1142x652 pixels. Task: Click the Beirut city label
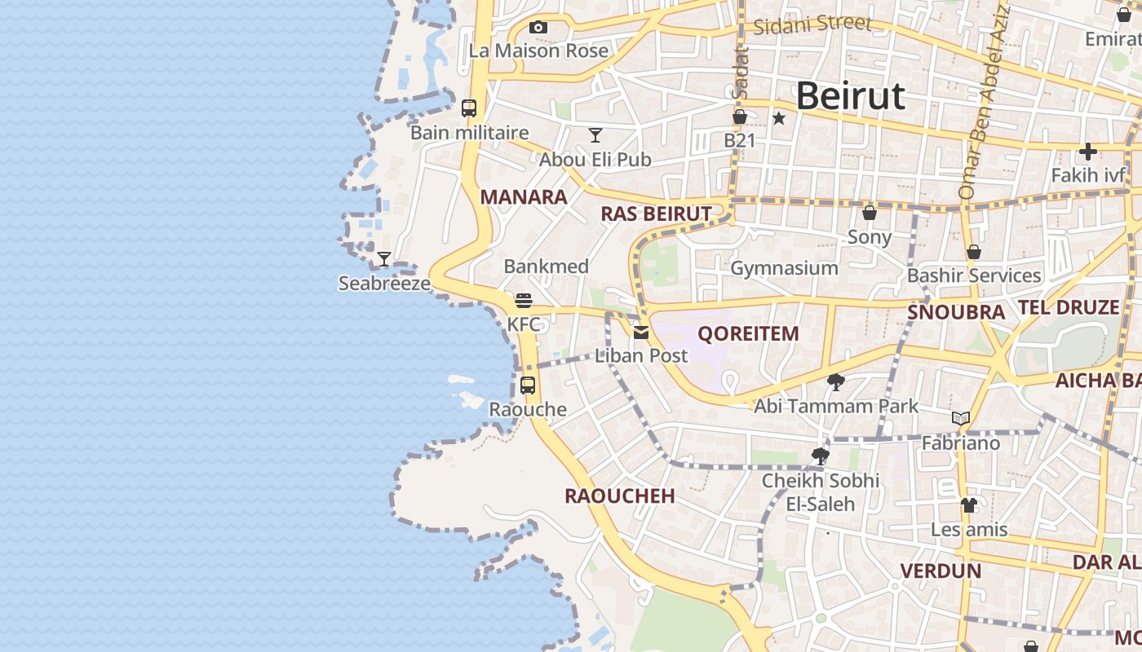click(850, 96)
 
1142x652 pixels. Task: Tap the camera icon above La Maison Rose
click(538, 27)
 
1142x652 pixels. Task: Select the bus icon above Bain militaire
click(469, 108)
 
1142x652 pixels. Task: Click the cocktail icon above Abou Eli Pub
click(595, 135)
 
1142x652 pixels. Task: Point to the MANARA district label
click(524, 196)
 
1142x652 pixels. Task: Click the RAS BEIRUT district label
click(656, 214)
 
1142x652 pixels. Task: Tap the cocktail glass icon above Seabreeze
click(383, 259)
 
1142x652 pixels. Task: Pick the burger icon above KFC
click(524, 301)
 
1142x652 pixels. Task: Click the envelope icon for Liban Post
click(640, 332)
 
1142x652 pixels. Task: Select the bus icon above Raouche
click(528, 385)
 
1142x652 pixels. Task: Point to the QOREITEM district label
click(748, 333)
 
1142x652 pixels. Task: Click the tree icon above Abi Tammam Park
click(835, 381)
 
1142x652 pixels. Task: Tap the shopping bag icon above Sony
click(870, 213)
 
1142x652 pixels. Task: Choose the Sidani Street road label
click(812, 24)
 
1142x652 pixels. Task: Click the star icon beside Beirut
click(779, 118)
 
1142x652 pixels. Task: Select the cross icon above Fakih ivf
click(1087, 152)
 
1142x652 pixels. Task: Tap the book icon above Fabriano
click(961, 419)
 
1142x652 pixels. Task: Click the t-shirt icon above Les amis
click(968, 505)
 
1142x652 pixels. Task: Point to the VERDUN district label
click(941, 570)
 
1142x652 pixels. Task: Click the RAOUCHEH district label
click(620, 496)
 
